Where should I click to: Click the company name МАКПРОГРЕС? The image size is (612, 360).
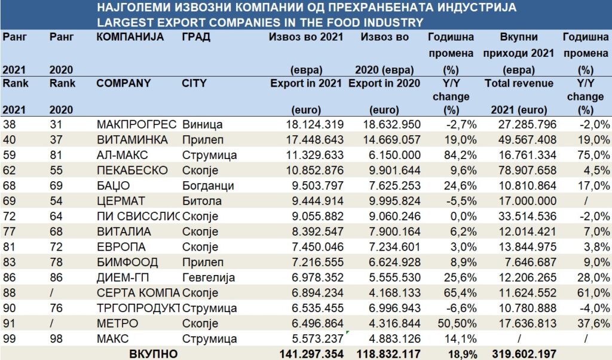tap(136, 124)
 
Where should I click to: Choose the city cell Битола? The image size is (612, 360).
tap(201, 200)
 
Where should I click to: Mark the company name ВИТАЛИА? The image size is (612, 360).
tap(124, 231)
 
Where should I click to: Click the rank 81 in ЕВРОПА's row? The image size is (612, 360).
tap(10, 246)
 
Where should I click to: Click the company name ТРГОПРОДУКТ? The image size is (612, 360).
tap(137, 308)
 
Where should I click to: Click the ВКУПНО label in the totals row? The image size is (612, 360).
tap(154, 353)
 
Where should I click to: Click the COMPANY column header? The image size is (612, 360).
tap(123, 83)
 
